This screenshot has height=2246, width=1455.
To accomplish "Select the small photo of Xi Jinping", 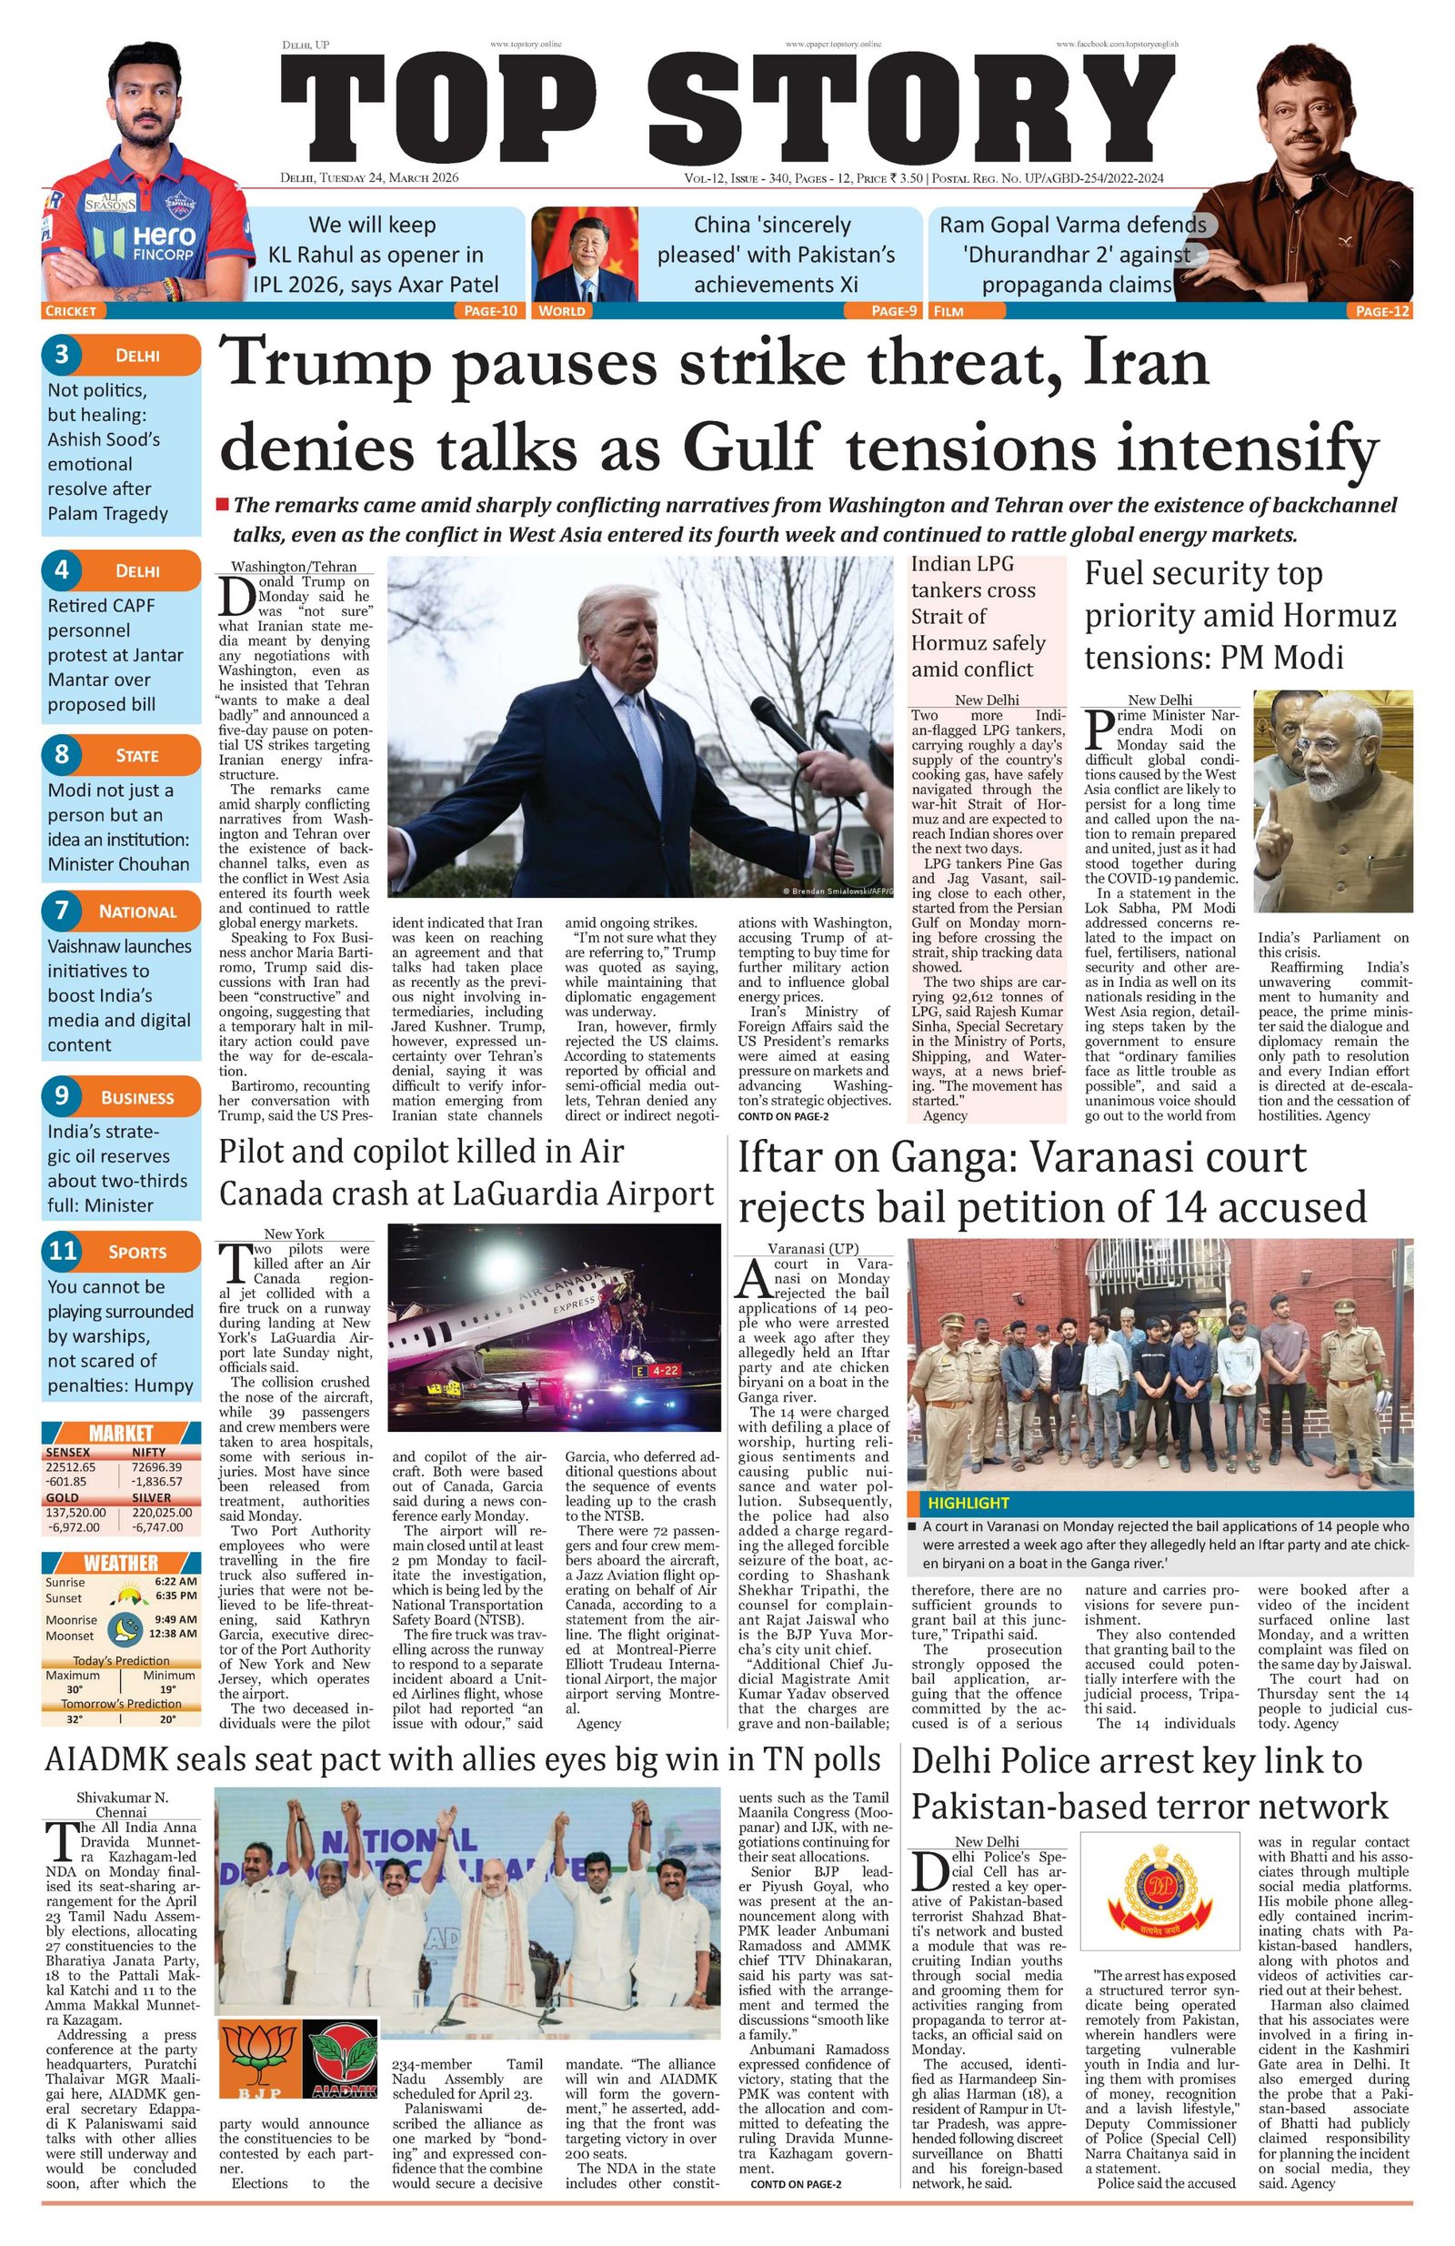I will [585, 256].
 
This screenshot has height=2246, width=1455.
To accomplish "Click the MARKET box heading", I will [121, 1433].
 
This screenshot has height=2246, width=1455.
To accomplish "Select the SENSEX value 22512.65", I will [71, 1467].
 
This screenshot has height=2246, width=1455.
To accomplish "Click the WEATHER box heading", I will [121, 1563].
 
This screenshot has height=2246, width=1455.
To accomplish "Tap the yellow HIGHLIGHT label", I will [968, 1503].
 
